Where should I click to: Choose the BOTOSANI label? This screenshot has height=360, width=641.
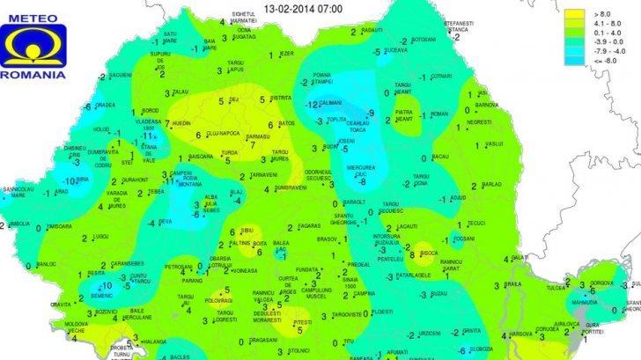point(424,40)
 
